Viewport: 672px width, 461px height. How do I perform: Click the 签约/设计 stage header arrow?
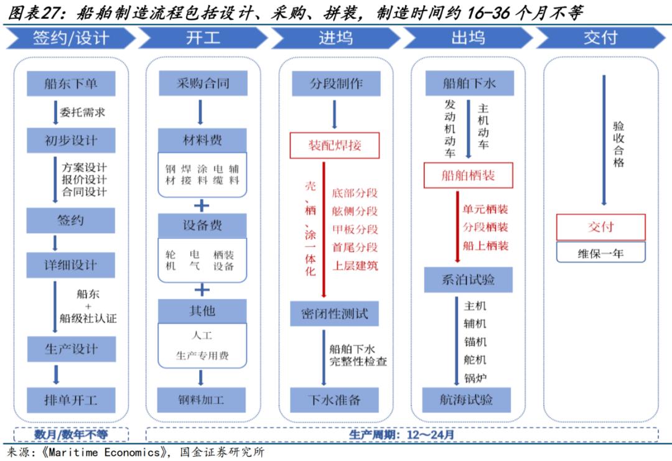[x=71, y=38]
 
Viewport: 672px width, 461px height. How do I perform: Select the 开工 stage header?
[x=203, y=38]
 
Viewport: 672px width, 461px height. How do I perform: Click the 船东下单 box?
[x=71, y=83]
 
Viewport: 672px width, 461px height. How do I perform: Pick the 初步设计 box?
[x=71, y=140]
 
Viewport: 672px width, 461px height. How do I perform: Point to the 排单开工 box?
[x=71, y=400]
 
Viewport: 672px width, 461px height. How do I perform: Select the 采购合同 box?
[x=203, y=83]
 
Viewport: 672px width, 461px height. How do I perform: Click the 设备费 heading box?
[x=202, y=225]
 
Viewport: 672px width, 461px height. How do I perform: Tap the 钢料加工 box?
[x=202, y=400]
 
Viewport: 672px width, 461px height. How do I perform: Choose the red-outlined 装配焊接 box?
[x=335, y=145]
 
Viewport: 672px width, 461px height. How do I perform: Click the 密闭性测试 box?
[x=335, y=314]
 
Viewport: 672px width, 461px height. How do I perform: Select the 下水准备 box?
[x=334, y=400]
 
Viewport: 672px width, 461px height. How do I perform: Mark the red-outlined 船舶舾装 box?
[x=469, y=175]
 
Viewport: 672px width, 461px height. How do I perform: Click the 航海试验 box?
[x=466, y=400]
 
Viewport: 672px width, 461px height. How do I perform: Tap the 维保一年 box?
[x=601, y=253]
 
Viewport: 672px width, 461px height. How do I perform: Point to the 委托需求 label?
[x=82, y=112]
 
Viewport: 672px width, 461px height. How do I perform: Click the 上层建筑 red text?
[x=355, y=266]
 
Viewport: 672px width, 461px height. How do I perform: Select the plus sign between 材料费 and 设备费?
[x=202, y=206]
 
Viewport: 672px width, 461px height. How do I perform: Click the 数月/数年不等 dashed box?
[x=71, y=434]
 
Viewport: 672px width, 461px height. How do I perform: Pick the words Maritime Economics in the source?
[x=104, y=452]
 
